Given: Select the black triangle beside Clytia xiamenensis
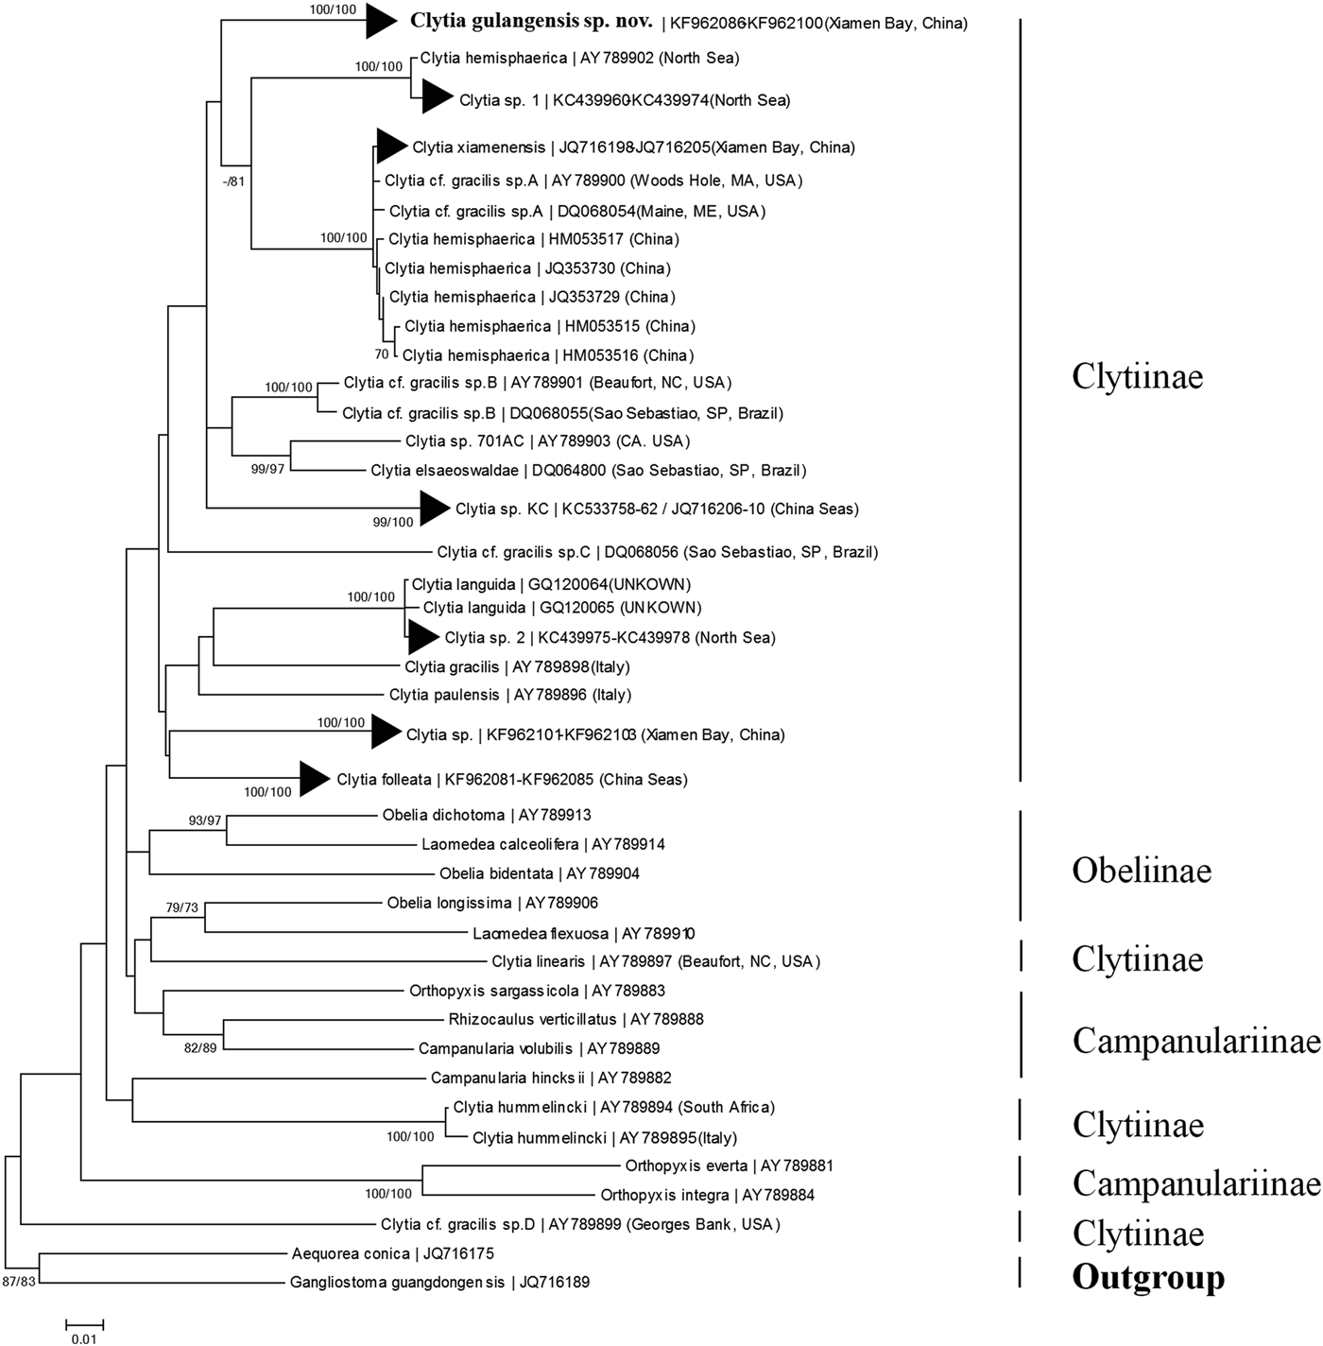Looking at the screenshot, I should [389, 146].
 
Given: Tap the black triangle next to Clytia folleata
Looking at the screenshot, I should [314, 779].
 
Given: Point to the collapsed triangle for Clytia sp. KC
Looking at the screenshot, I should [434, 509].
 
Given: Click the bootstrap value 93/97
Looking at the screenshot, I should [204, 820].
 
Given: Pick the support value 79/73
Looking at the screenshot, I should [182, 908].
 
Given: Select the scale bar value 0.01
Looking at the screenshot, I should [84, 1338].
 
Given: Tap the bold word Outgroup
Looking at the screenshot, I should [1147, 1278].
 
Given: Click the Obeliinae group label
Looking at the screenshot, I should [1141, 871].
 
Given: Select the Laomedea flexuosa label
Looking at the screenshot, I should [541, 934].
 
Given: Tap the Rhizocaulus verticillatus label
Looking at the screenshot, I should [532, 1020].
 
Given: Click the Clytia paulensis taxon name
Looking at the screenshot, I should [443, 695].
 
